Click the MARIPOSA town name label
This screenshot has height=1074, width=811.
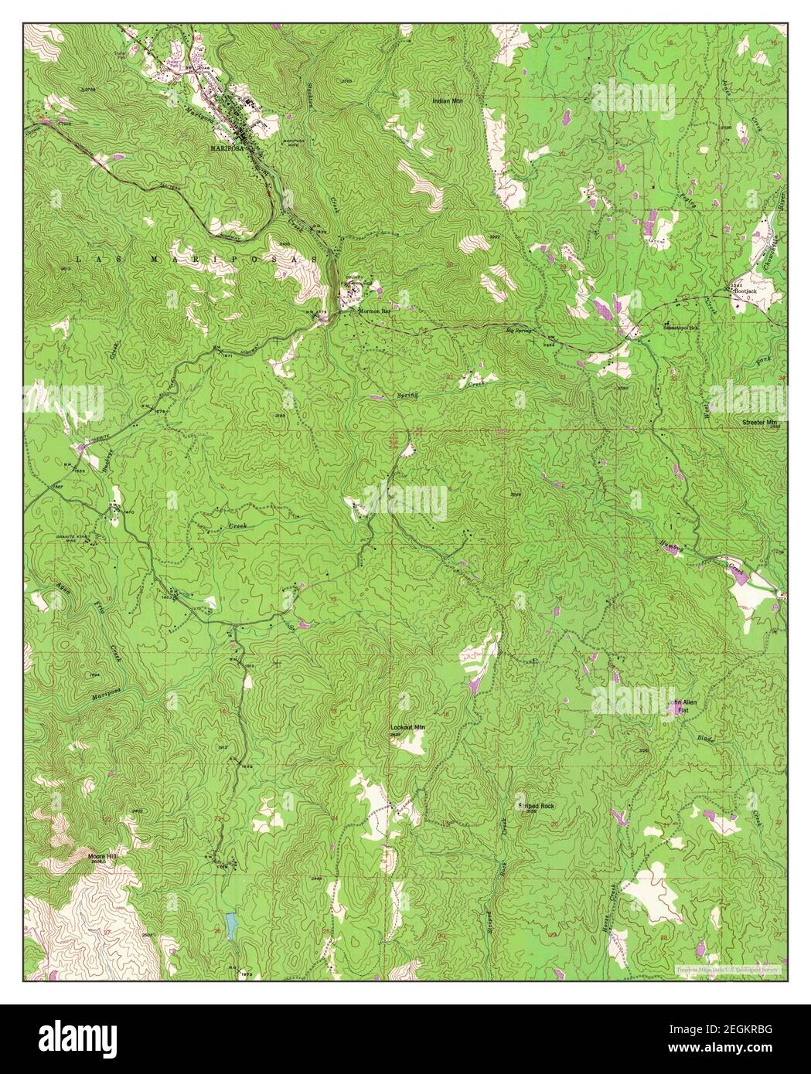223,145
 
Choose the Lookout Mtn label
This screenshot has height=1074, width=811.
407,728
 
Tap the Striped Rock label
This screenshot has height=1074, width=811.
537,806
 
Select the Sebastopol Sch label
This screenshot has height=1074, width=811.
680,328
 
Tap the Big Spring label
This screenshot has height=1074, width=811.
520,330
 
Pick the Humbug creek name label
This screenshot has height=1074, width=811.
693,545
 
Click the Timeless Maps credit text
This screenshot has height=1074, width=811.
724,967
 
